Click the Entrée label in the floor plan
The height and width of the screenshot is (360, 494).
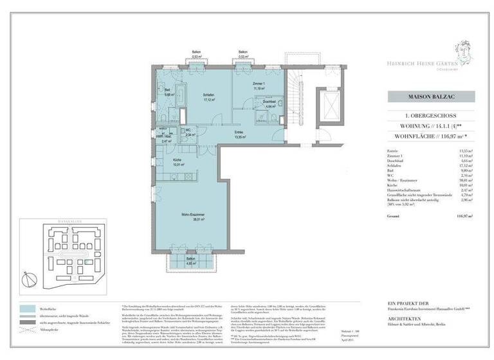[x=239, y=134]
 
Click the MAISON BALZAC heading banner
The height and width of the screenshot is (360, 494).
[x=430, y=96]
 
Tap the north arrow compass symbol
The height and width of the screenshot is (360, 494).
[x=26, y=278]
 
